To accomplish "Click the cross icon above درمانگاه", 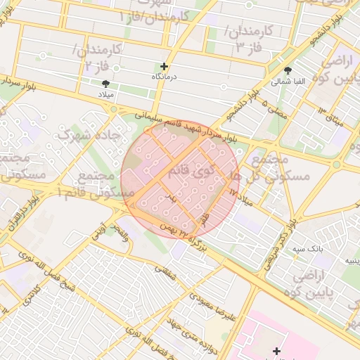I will click(164, 66).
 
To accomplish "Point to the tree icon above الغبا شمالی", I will click(288, 70).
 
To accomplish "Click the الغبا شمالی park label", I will click(290, 82).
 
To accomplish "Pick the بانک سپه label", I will click(309, 249).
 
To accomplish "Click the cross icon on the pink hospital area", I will click(276, 350).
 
